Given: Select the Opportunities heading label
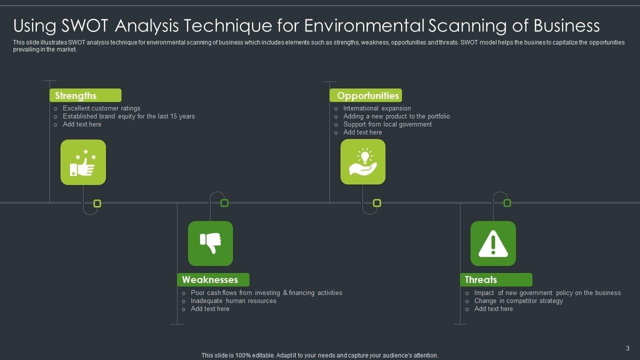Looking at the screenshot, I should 367,95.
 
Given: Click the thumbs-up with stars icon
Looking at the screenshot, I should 83,162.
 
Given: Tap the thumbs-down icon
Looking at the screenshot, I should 210,243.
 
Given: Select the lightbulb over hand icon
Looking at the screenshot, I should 363,161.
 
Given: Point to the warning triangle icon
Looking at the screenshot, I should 493,243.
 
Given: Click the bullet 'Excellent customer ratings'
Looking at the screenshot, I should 101,108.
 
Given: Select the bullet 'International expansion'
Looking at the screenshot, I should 377,108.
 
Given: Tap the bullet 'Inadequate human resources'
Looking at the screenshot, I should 233,300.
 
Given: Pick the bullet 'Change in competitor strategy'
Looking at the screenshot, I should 518,300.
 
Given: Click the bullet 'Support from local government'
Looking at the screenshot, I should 387,124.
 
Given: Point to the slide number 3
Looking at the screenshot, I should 627,348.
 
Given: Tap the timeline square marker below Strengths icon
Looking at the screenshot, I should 97,203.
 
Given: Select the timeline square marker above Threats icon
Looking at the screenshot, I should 507,203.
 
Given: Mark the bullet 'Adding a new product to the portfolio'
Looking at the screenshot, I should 396,116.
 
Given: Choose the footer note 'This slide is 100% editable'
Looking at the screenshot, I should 319,355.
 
